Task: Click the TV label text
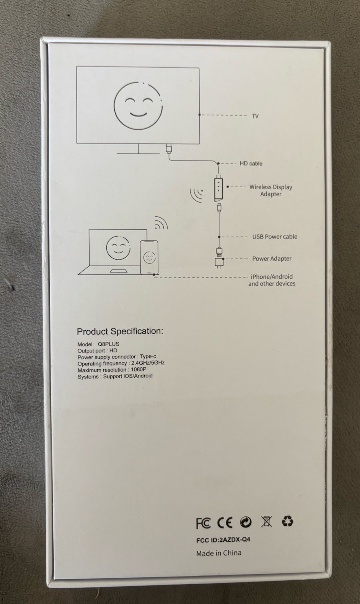tap(255, 116)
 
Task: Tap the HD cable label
tap(251, 163)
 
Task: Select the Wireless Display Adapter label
tap(271, 190)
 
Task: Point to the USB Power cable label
tap(275, 237)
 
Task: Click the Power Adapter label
tap(272, 258)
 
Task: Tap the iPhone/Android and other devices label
tap(272, 280)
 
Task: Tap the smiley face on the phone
tap(149, 258)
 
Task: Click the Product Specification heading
tap(120, 331)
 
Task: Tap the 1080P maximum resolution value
tap(139, 369)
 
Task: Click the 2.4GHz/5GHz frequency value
tap(148, 363)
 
